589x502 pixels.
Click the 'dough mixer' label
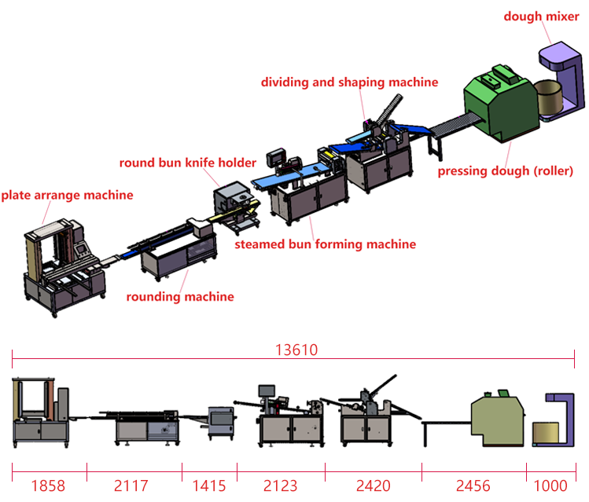(x=542, y=16)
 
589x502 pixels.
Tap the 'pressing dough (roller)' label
(x=506, y=170)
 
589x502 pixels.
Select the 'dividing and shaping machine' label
(x=349, y=82)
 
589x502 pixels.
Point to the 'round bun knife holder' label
(x=188, y=163)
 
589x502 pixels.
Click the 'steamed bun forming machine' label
(x=325, y=244)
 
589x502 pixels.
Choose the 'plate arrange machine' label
(x=67, y=195)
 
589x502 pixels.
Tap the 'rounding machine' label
(x=180, y=296)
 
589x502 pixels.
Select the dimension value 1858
(x=48, y=486)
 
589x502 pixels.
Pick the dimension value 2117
(x=131, y=486)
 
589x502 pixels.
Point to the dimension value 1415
(x=209, y=486)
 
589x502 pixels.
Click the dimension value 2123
(x=281, y=486)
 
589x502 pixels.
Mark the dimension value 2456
(x=473, y=486)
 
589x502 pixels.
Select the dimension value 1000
(x=551, y=486)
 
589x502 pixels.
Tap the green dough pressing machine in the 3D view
(x=500, y=106)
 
